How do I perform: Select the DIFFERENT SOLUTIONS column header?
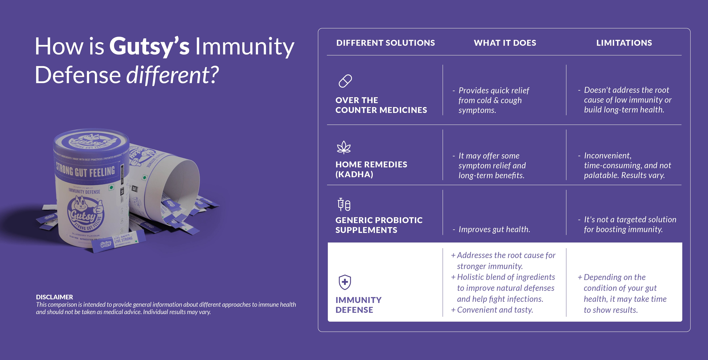click(385, 43)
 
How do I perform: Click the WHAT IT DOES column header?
click(505, 43)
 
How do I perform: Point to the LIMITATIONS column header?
click(624, 43)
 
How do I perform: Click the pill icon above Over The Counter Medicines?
click(345, 81)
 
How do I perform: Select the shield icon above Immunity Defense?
click(345, 282)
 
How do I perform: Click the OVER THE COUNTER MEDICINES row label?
click(381, 105)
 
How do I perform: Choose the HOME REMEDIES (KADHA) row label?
click(371, 169)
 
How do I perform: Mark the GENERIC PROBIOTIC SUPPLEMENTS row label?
click(379, 225)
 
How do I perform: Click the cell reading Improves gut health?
click(494, 229)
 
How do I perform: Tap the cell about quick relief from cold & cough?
click(493, 100)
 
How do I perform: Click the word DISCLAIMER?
click(54, 297)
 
